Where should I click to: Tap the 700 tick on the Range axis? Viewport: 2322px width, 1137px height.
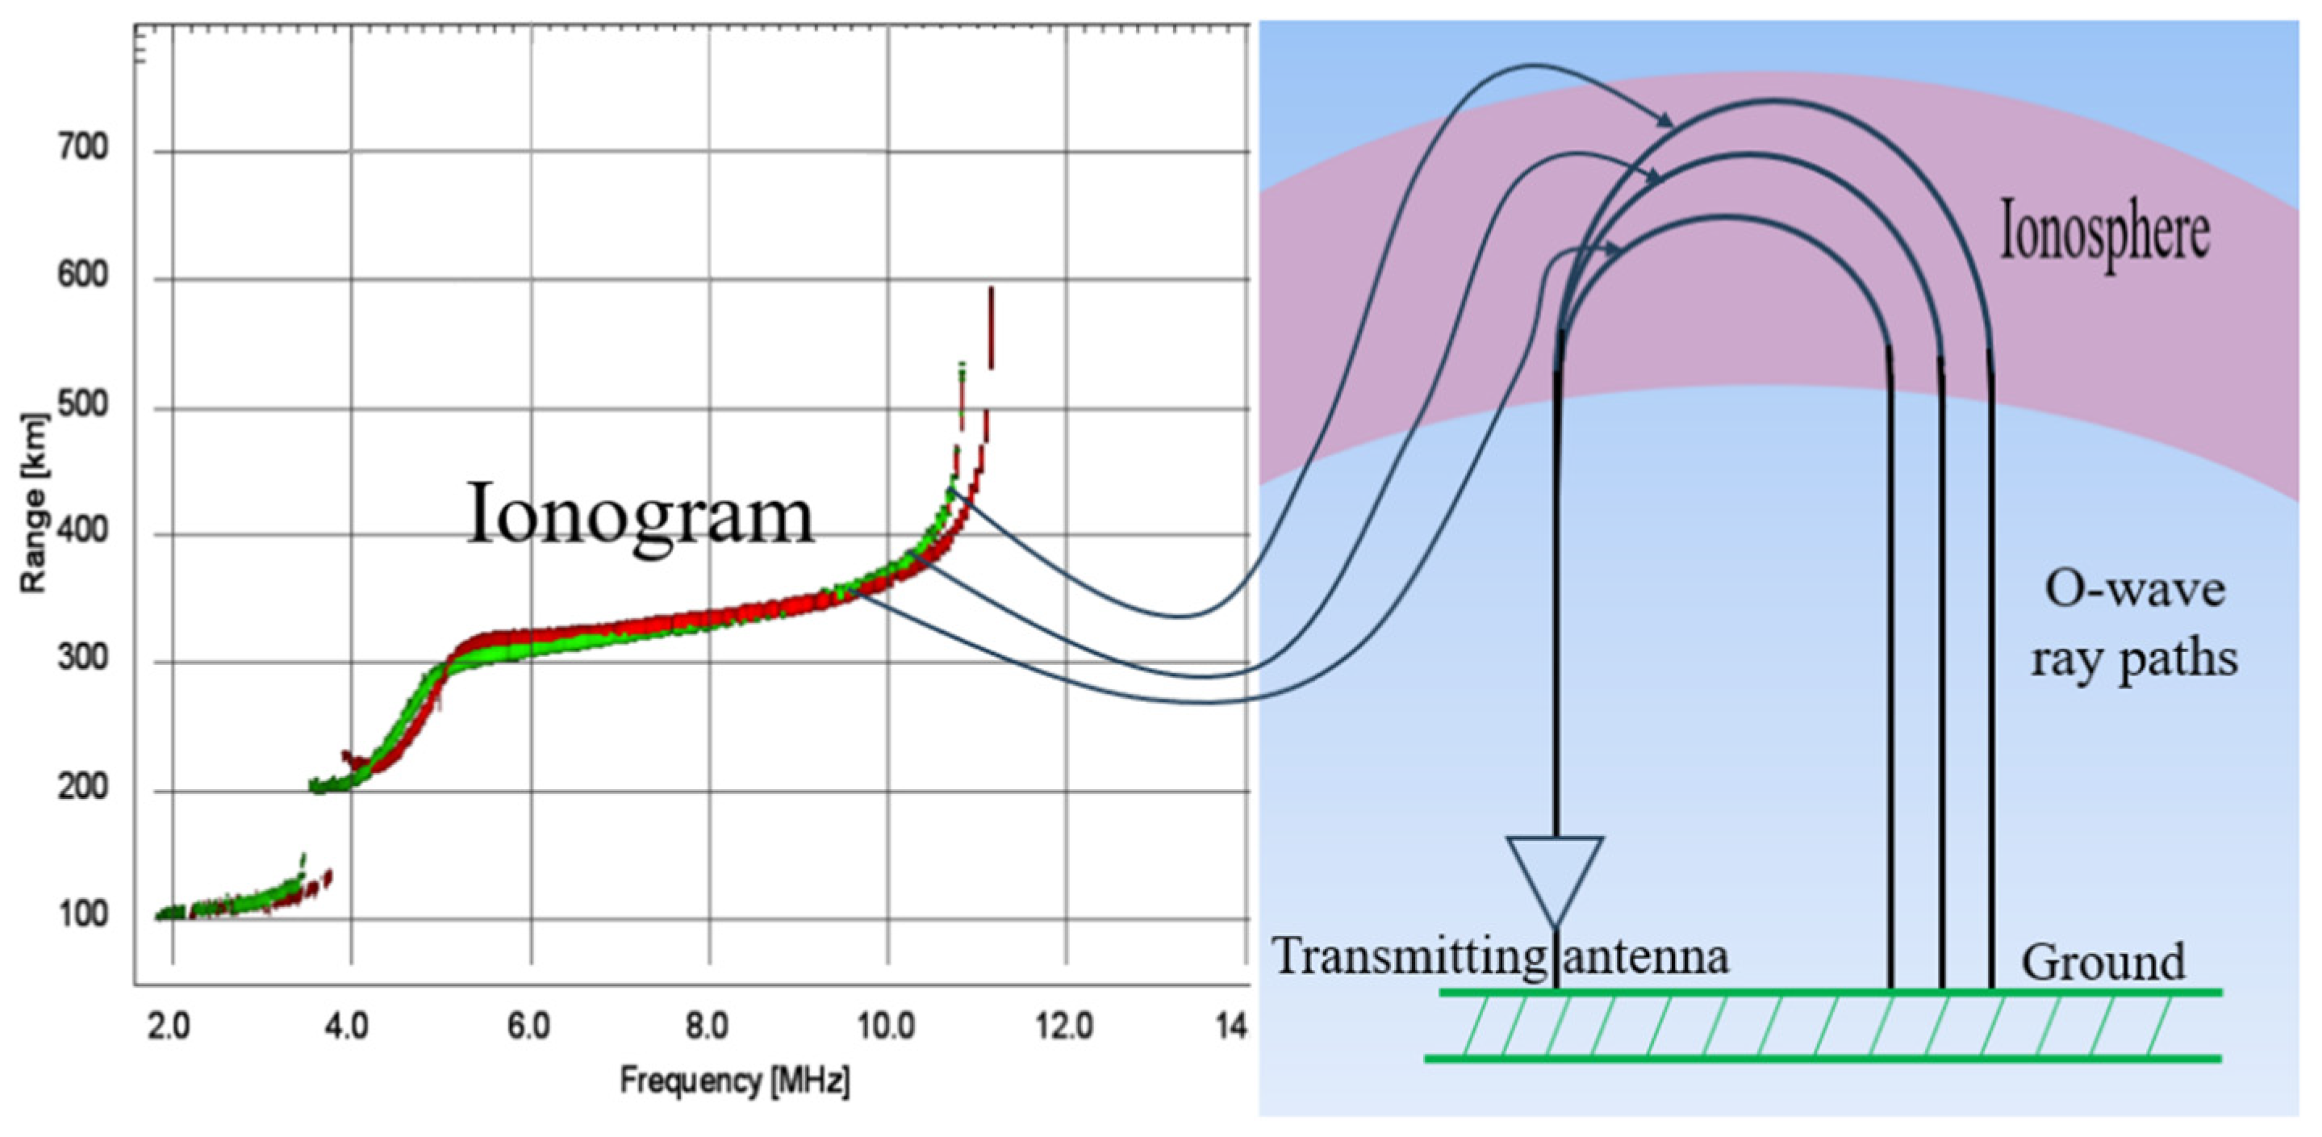point(83,147)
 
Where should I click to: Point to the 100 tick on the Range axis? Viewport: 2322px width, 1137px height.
point(83,914)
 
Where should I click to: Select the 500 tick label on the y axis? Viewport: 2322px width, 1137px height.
point(83,405)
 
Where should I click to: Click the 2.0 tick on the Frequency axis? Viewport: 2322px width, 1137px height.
point(169,1026)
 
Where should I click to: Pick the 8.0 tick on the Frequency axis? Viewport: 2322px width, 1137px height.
point(707,1026)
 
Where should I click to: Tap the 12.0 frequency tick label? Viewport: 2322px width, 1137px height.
point(1064,1026)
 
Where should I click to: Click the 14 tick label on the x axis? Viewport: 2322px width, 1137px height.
point(1231,1026)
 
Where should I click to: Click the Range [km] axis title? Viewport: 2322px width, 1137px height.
point(33,503)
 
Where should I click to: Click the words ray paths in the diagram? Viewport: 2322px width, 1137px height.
point(2133,659)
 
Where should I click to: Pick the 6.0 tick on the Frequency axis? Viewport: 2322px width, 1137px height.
point(528,1026)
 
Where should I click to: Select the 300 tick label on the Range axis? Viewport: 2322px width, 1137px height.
point(83,658)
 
